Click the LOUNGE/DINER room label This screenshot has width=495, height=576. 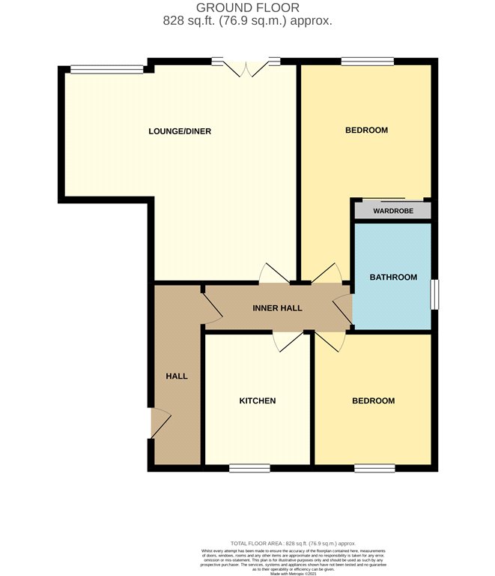coord(180,131)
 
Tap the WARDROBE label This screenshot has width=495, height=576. coord(393,211)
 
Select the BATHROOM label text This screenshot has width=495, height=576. coord(393,277)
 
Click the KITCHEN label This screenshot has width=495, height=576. coord(258,400)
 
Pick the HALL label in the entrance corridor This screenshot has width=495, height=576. coord(177,376)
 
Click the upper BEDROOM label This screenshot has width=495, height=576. coord(366,130)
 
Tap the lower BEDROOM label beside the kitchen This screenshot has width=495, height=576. coord(373,400)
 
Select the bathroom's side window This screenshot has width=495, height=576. coord(434,293)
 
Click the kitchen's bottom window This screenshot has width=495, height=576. coord(249,468)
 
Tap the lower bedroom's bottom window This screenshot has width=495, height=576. coord(374,468)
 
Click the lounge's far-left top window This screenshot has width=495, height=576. coord(106,70)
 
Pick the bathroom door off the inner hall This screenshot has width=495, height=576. coord(344,308)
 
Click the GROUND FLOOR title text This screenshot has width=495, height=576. coord(247,8)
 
